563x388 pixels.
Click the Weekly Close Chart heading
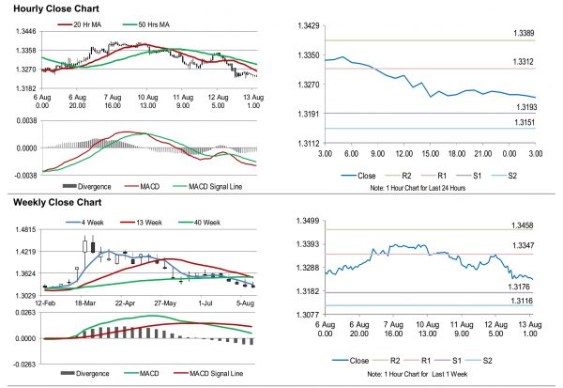click(x=55, y=202)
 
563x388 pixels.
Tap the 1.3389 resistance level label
click(x=524, y=34)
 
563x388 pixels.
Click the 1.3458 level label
click(x=524, y=226)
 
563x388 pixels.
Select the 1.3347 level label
click(x=524, y=248)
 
